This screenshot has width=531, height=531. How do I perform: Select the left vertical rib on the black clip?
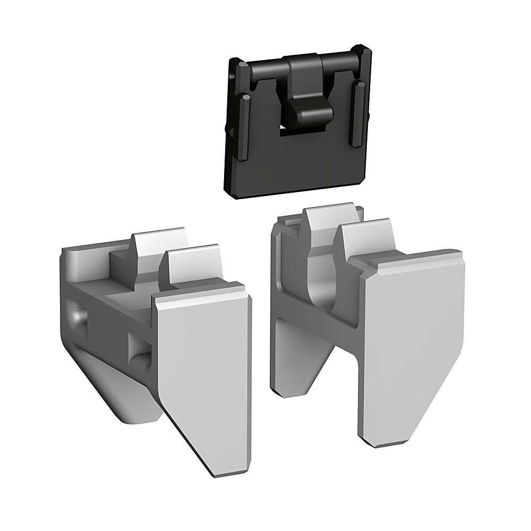pos(245,127)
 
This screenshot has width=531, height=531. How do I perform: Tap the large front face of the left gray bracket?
pos(204,361)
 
